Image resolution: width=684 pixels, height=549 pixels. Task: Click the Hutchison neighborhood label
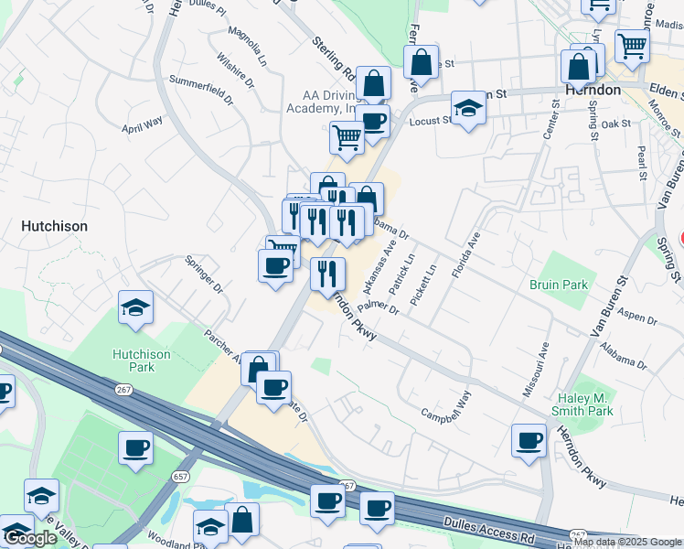point(55,226)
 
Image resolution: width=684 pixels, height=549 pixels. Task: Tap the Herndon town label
point(593,91)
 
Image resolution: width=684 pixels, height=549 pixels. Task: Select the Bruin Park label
point(558,285)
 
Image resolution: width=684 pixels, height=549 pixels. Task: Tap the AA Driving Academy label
point(331,102)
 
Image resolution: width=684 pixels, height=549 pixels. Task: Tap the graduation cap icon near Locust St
point(468,108)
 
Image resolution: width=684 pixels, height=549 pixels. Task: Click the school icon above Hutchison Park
point(135,307)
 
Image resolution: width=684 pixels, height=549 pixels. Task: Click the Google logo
point(30,538)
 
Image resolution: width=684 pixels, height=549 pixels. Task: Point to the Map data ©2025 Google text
point(628,542)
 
